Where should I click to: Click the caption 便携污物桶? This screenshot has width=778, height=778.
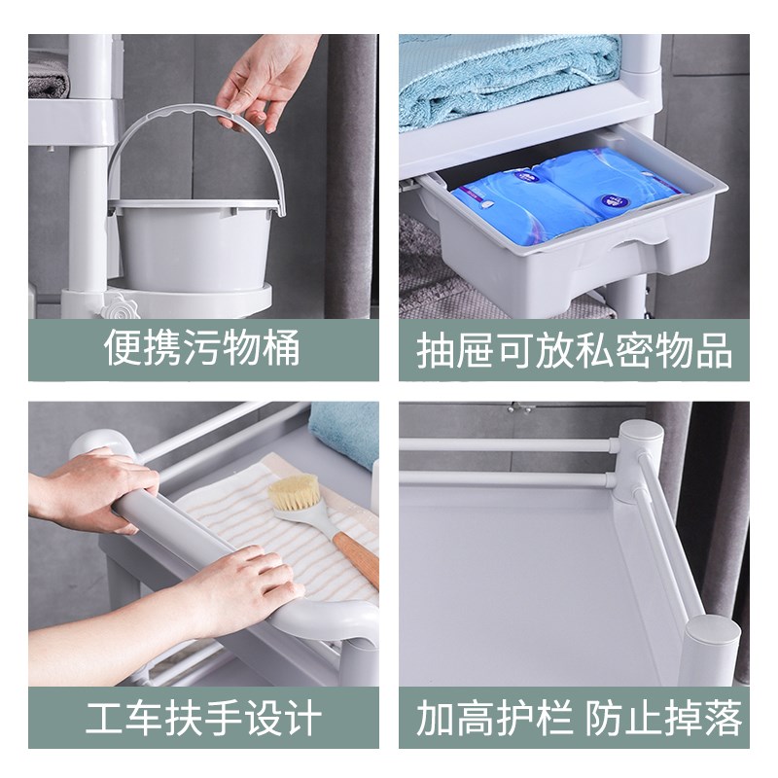tap(202, 348)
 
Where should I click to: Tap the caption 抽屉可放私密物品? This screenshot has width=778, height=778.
tap(574, 351)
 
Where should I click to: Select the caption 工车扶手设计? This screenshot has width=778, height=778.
tap(202, 719)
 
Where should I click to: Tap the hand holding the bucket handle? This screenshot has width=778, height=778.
tap(263, 83)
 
